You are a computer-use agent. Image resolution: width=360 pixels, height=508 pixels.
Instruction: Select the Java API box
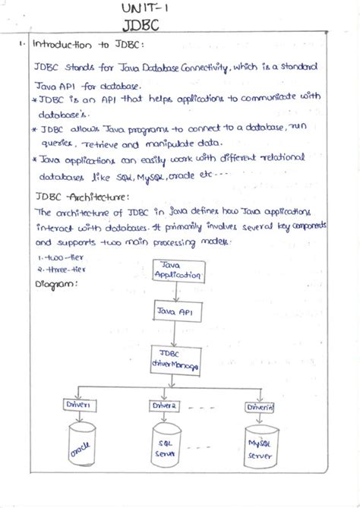175,311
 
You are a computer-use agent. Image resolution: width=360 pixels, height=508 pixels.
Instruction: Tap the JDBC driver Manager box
175,360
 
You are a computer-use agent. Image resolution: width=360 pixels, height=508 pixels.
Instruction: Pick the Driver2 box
165,405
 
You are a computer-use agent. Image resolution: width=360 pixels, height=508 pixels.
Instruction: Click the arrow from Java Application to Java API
176,292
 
